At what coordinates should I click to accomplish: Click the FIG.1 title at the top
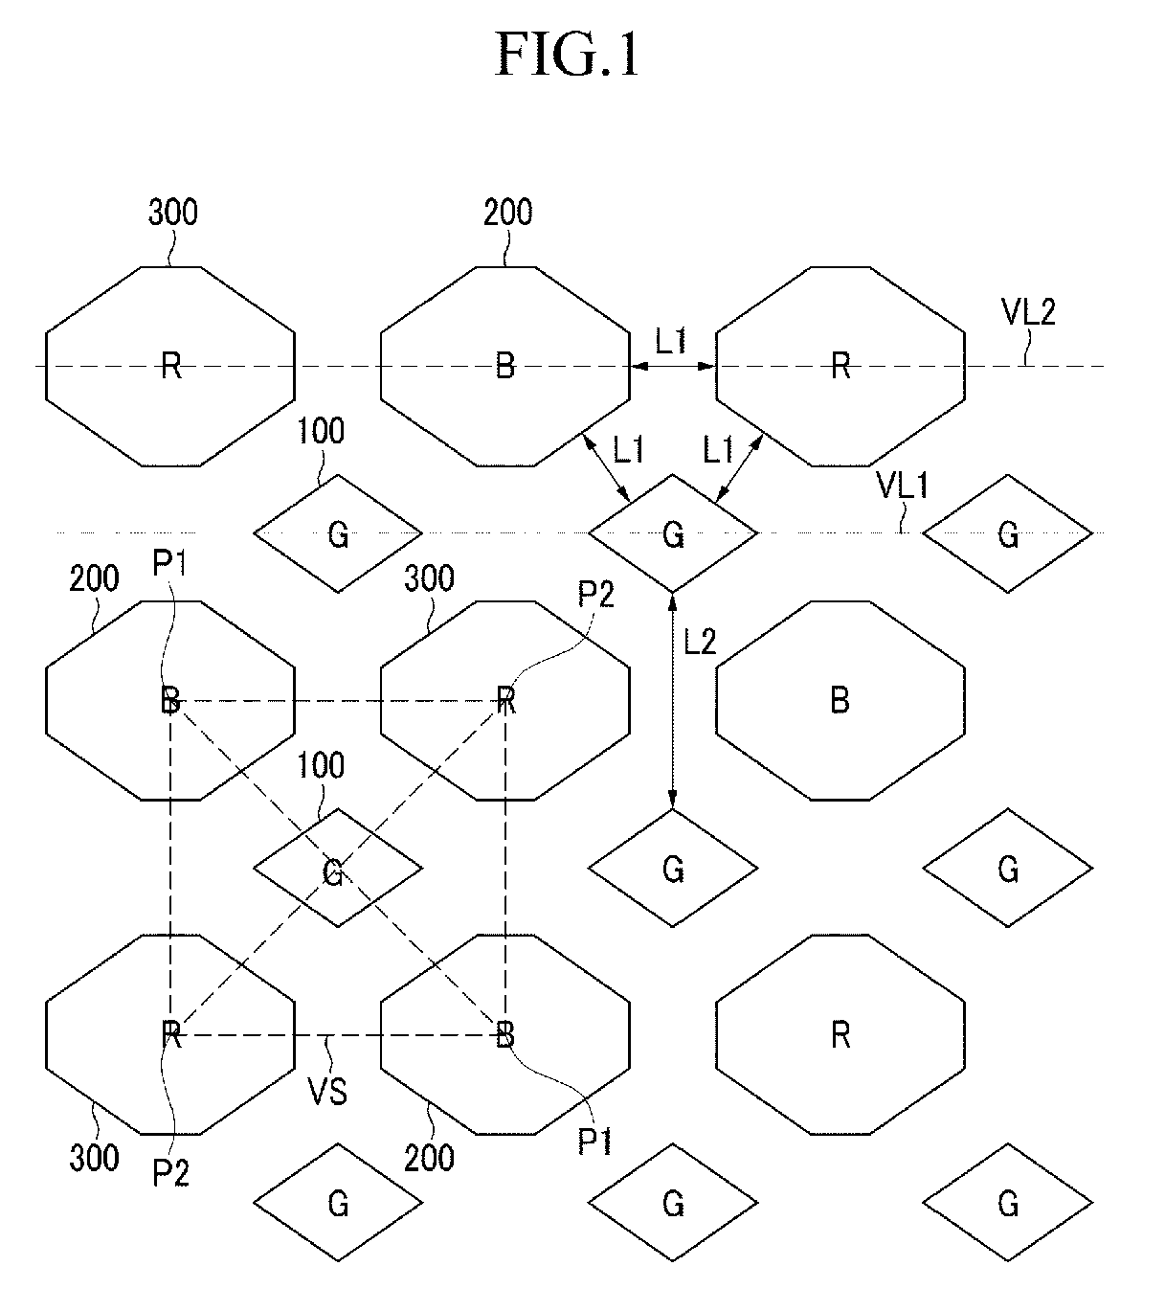point(567,55)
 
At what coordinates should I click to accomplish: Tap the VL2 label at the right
point(1027,311)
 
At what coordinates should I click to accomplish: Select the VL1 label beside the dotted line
point(903,486)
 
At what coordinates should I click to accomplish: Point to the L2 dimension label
point(700,642)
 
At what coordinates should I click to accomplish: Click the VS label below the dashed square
point(327,1091)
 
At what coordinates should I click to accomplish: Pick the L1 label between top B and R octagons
point(670,340)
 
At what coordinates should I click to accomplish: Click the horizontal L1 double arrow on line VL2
point(673,366)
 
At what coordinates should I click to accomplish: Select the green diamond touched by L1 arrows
point(673,533)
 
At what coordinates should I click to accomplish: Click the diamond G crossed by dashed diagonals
point(337,869)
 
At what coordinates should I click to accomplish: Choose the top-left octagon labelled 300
point(170,366)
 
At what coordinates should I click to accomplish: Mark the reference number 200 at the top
point(507,212)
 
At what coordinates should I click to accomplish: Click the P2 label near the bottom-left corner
point(171,1172)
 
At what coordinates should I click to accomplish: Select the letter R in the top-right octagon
point(840,366)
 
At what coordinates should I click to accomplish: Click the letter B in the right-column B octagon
point(840,701)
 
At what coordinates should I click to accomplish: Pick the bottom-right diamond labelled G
point(1007,1203)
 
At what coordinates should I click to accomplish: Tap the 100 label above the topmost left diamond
point(321,431)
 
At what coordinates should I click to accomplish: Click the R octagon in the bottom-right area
point(840,1034)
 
